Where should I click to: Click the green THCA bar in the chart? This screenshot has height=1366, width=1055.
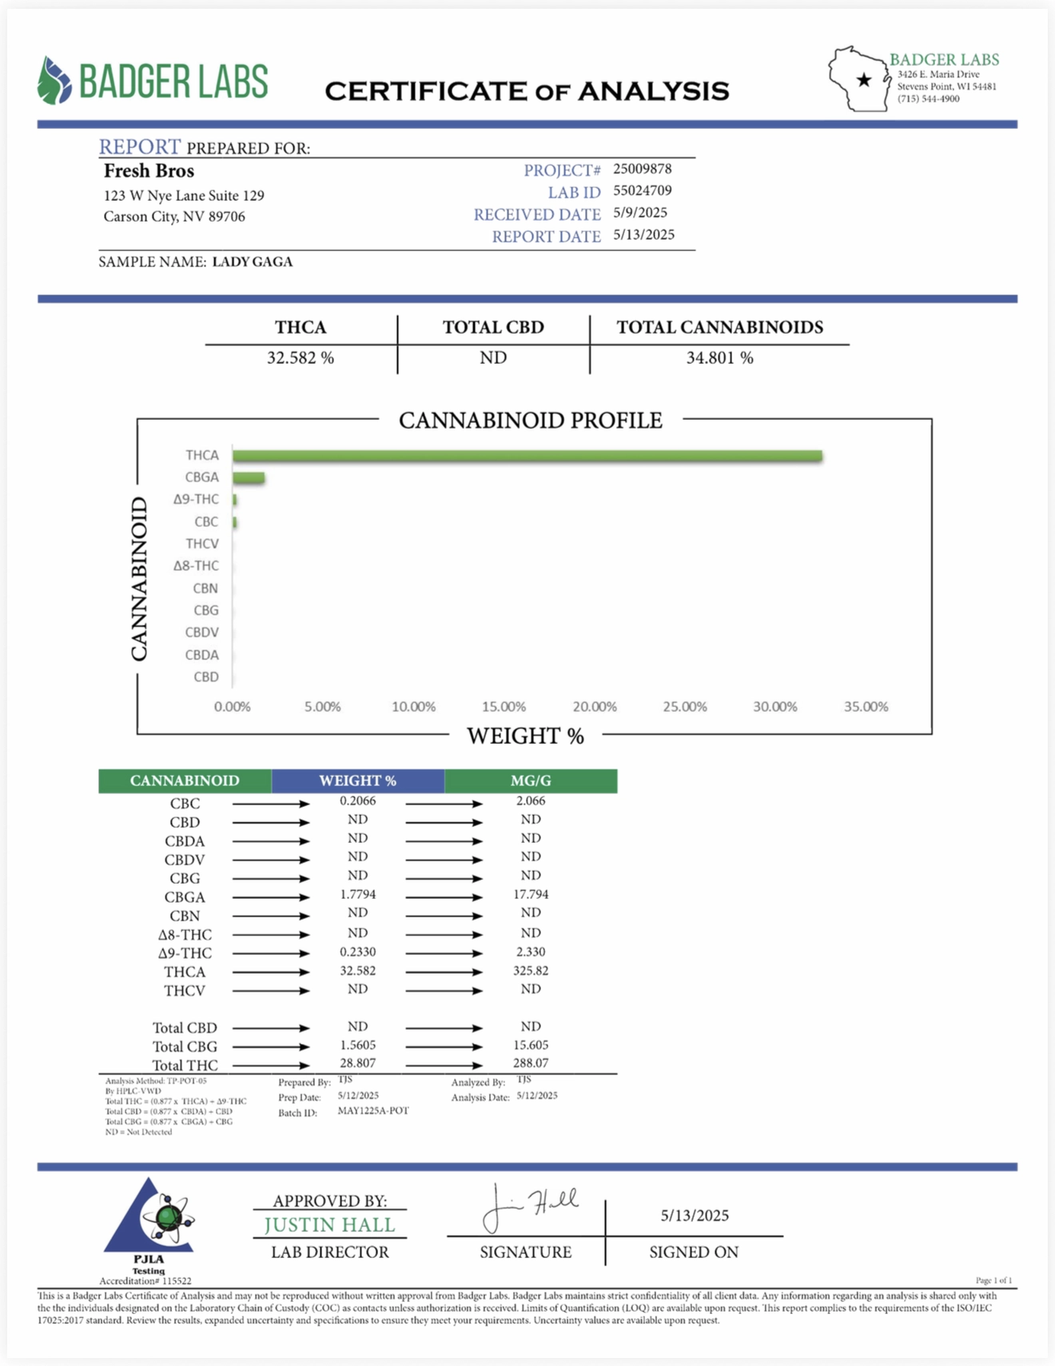click(527, 456)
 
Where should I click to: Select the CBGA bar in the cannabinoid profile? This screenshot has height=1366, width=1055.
click(249, 478)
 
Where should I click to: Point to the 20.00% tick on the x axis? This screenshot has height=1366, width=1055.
click(595, 707)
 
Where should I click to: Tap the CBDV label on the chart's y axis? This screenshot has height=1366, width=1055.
click(201, 633)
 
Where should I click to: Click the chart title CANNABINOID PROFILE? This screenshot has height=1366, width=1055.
click(531, 421)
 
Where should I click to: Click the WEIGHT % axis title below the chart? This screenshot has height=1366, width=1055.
click(525, 736)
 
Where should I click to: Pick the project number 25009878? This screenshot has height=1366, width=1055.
click(643, 169)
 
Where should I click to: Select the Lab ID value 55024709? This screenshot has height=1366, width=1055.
click(643, 190)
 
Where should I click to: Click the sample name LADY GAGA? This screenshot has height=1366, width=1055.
click(253, 262)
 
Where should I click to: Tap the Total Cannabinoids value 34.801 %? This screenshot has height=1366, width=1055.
click(719, 357)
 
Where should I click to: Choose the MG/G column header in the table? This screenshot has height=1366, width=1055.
click(531, 781)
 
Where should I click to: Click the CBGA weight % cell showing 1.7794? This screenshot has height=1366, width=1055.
click(357, 894)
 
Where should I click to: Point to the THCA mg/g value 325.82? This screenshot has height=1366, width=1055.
click(531, 970)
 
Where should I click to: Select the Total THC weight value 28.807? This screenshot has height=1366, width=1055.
click(357, 1063)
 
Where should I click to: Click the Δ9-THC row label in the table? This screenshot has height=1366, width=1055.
click(185, 953)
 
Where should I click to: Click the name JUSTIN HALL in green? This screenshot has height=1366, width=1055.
click(329, 1225)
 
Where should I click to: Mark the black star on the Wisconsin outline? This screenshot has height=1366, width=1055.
click(864, 80)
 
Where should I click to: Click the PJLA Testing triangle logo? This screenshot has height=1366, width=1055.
click(149, 1220)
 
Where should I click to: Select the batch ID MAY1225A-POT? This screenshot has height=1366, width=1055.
click(373, 1111)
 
